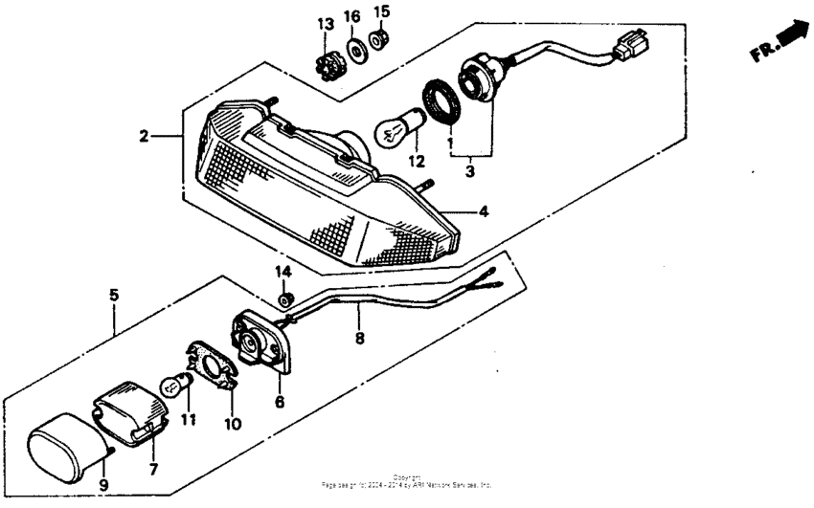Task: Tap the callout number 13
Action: pyautogui.click(x=327, y=22)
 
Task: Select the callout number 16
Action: pyautogui.click(x=353, y=16)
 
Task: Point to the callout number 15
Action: pyautogui.click(x=381, y=11)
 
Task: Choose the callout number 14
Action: pyautogui.click(x=283, y=274)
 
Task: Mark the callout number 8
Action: pyautogui.click(x=360, y=337)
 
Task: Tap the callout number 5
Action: pyautogui.click(x=113, y=295)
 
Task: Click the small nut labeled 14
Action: pyautogui.click(x=283, y=300)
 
